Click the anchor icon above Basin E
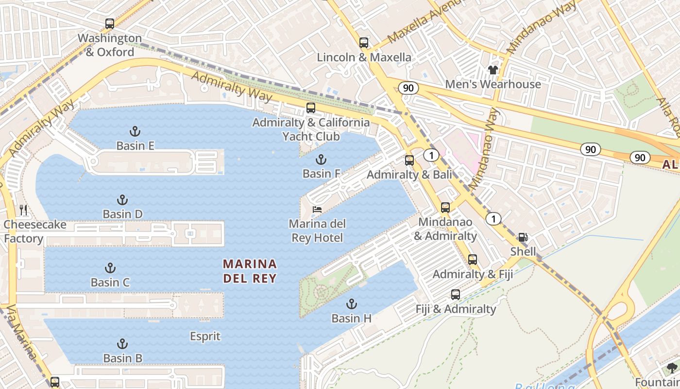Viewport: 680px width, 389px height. (x=135, y=131)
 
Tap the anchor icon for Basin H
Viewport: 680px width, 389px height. (x=351, y=304)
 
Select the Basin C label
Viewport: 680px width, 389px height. (x=110, y=282)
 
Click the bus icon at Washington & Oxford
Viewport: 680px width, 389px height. (x=110, y=23)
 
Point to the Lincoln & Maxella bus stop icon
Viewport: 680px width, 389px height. (x=364, y=42)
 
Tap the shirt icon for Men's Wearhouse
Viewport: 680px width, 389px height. (x=493, y=70)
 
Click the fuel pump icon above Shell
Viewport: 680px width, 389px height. (x=523, y=237)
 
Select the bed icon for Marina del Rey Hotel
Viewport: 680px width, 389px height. (x=317, y=210)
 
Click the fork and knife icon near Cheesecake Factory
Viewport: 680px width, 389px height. (x=23, y=210)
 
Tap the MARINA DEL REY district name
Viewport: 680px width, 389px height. (x=250, y=271)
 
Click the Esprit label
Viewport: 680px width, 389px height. (x=205, y=336)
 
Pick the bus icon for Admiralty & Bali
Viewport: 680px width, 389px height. (x=409, y=160)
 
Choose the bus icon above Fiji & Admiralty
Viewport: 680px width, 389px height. (x=455, y=294)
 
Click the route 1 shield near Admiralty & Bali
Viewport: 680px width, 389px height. (x=431, y=155)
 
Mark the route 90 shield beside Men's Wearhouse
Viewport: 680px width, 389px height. (x=408, y=88)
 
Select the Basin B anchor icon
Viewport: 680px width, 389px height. (x=122, y=344)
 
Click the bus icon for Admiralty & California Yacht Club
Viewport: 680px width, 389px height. (x=311, y=108)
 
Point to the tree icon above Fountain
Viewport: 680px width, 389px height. (x=672, y=368)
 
